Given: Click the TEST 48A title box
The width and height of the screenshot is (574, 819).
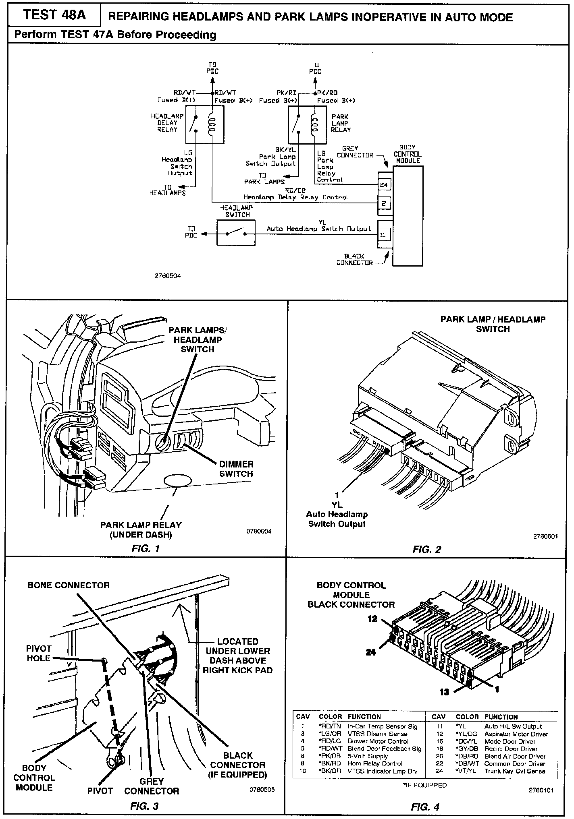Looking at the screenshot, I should [x=54, y=15].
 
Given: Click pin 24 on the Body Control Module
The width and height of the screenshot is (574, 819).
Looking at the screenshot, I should [x=383, y=185].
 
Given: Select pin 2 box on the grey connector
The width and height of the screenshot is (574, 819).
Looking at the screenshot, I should [x=383, y=203].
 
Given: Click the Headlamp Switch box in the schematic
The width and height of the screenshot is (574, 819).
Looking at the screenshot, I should [x=236, y=234].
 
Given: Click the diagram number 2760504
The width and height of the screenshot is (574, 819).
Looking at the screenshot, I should [x=167, y=276].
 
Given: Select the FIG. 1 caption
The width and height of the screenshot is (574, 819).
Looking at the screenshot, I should [x=146, y=548].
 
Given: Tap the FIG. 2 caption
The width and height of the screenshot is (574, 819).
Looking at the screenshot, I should [x=426, y=549].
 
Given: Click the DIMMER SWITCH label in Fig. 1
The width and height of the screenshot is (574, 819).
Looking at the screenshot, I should [x=236, y=469].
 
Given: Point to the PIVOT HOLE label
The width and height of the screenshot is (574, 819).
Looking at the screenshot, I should [x=39, y=653].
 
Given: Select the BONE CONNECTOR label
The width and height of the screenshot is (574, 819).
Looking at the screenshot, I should [x=69, y=585].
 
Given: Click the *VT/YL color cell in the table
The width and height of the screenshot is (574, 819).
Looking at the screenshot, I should [x=466, y=771].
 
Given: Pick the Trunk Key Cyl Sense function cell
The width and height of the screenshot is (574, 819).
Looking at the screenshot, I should [x=514, y=771].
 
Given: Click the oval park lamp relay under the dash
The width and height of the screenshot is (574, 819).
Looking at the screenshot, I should [x=177, y=481].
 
